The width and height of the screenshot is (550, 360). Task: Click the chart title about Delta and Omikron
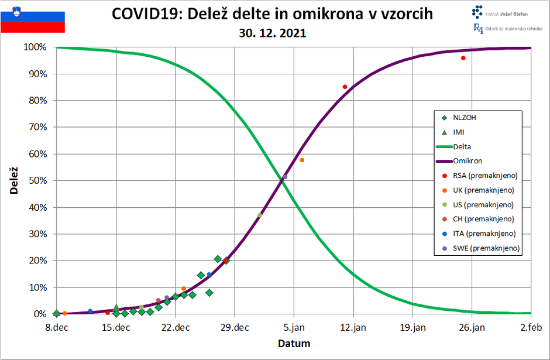pos(273,14)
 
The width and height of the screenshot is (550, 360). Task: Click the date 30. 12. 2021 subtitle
pos(273,33)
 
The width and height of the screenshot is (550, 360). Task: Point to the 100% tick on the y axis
pos(35,47)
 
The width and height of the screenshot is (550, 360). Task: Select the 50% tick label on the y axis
pos(37,181)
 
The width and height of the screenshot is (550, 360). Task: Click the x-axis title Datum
pos(294,344)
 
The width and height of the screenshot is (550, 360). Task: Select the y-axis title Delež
pos(12,180)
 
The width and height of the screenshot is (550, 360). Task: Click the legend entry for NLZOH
pos(465,118)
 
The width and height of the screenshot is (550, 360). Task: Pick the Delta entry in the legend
pos(462,147)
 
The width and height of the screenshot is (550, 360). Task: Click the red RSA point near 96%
pos(463,58)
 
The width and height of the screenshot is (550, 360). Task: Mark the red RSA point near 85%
pos(345,87)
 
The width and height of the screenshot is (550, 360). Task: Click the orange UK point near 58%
pos(302,160)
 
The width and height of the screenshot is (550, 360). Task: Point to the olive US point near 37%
pos(259,215)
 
